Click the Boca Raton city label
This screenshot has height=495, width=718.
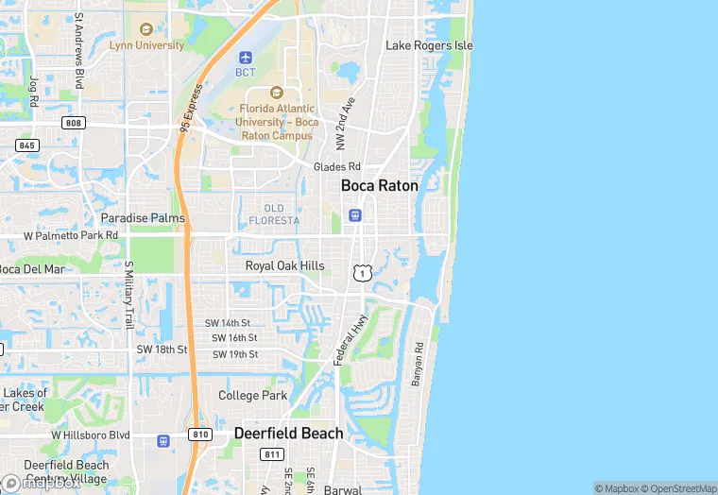click(x=379, y=186)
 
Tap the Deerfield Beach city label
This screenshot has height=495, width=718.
click(x=289, y=434)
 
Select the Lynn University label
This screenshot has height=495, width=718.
click(x=146, y=44)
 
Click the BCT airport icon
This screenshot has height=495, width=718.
click(x=246, y=58)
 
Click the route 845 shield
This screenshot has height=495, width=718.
click(x=27, y=145)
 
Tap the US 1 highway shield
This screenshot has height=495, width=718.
click(x=361, y=273)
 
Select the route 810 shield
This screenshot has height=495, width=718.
click(x=198, y=434)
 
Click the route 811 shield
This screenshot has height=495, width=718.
click(x=273, y=454)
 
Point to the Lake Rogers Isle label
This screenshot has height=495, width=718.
click(x=429, y=45)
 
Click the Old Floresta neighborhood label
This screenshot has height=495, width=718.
click(x=274, y=214)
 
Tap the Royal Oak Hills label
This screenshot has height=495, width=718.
click(x=284, y=266)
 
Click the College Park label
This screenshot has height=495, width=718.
click(x=253, y=396)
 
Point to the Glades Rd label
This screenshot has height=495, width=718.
click(x=337, y=167)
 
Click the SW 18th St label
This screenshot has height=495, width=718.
click(x=162, y=350)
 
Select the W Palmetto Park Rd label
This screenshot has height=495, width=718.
click(x=71, y=235)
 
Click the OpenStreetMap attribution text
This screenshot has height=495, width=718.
click(x=678, y=488)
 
